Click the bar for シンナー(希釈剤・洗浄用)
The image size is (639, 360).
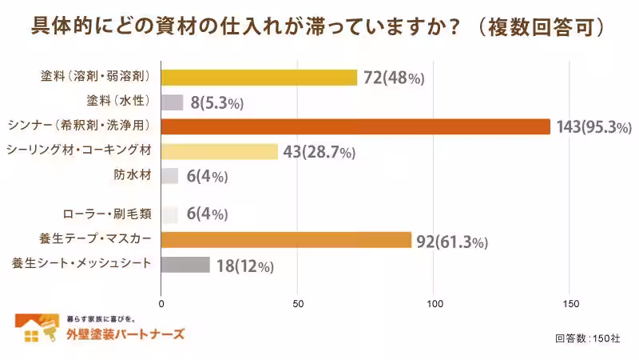[355, 126]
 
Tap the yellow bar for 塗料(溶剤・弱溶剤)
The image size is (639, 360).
[259, 78]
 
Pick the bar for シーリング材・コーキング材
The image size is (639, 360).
[220, 151]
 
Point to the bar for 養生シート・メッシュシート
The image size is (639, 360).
[185, 265]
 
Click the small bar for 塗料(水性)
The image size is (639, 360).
[173, 102]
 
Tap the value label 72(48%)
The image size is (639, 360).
[393, 78]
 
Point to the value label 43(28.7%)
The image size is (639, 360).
[317, 152]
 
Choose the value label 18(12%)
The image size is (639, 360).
[244, 266]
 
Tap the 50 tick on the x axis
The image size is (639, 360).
[298, 304]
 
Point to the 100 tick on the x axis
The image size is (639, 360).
[435, 304]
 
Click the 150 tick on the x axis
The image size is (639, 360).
[570, 304]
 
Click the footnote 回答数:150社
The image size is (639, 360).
[587, 338]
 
